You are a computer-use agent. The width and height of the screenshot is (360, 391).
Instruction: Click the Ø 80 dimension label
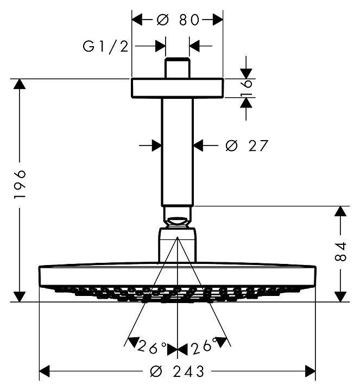[178, 20]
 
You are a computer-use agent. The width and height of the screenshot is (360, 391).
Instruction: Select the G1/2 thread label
[105, 46]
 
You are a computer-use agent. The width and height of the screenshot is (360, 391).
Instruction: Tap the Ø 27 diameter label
[246, 146]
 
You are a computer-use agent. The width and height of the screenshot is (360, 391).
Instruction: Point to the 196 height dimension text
[20, 185]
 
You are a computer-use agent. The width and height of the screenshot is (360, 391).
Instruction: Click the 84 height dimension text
[340, 251]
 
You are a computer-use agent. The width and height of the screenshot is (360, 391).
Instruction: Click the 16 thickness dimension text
[247, 87]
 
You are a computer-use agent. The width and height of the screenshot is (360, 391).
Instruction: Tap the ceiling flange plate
[177, 89]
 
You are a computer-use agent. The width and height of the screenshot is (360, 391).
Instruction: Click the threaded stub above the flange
[177, 67]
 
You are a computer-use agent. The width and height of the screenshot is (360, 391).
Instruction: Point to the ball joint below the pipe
[177, 222]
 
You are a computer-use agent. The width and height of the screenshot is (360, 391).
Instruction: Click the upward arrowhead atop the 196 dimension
[20, 84]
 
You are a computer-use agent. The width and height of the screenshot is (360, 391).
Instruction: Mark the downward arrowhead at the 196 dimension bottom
[20, 296]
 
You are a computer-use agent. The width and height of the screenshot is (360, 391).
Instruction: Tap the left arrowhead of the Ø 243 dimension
[45, 371]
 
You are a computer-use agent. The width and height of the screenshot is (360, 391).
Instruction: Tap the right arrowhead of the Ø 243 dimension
[310, 371]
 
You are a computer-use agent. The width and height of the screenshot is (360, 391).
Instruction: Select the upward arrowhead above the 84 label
[340, 212]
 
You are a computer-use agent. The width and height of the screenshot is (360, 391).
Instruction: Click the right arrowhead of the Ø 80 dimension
[217, 20]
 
